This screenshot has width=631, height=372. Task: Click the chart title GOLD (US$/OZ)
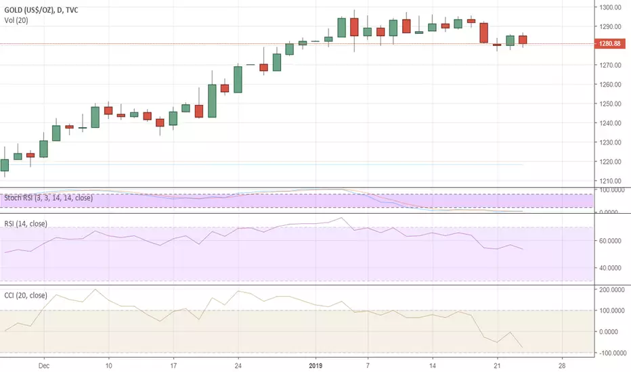29,10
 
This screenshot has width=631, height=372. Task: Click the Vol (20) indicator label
16,20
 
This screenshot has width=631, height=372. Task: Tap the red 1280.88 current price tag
609,43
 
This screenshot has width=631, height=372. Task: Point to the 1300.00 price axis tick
609,7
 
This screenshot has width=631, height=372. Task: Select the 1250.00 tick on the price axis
609,103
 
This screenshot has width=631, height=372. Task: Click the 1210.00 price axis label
609,181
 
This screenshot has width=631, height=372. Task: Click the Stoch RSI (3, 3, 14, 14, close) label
48,198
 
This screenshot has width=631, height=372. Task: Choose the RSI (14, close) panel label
26,224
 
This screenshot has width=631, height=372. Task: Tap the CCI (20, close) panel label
26,295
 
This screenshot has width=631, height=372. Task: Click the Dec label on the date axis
44,365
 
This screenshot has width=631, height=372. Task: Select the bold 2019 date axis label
316,365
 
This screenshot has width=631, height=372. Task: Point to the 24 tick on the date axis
238,365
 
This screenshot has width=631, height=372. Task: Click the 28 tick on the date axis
562,365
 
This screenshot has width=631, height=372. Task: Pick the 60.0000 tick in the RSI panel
609,241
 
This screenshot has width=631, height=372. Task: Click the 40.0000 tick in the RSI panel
609,268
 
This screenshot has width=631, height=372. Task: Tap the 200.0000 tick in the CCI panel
611,289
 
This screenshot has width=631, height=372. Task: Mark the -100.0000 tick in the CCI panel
611,353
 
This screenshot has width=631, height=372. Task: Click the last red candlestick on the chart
523,40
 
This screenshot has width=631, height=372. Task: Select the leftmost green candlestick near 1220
5,165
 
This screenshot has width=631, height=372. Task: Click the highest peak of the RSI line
341,218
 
